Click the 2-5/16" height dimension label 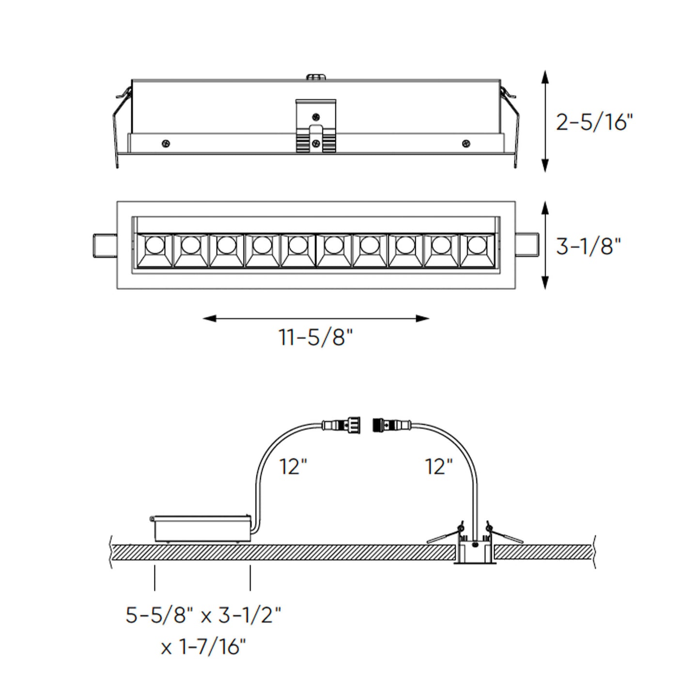tap(594, 122)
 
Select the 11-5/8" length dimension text tap(315, 337)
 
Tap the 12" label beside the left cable tap(293, 467)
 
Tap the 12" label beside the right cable tap(438, 467)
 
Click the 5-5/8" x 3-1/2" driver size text tap(203, 615)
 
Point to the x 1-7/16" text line tap(203, 646)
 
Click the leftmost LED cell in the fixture tap(154, 249)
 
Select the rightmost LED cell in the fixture tap(477, 249)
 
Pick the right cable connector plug tap(390, 426)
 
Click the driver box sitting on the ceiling tap(201, 529)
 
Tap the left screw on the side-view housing tap(166, 143)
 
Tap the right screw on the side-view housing tap(466, 143)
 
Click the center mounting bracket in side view tap(316, 126)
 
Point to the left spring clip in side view tap(120, 121)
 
